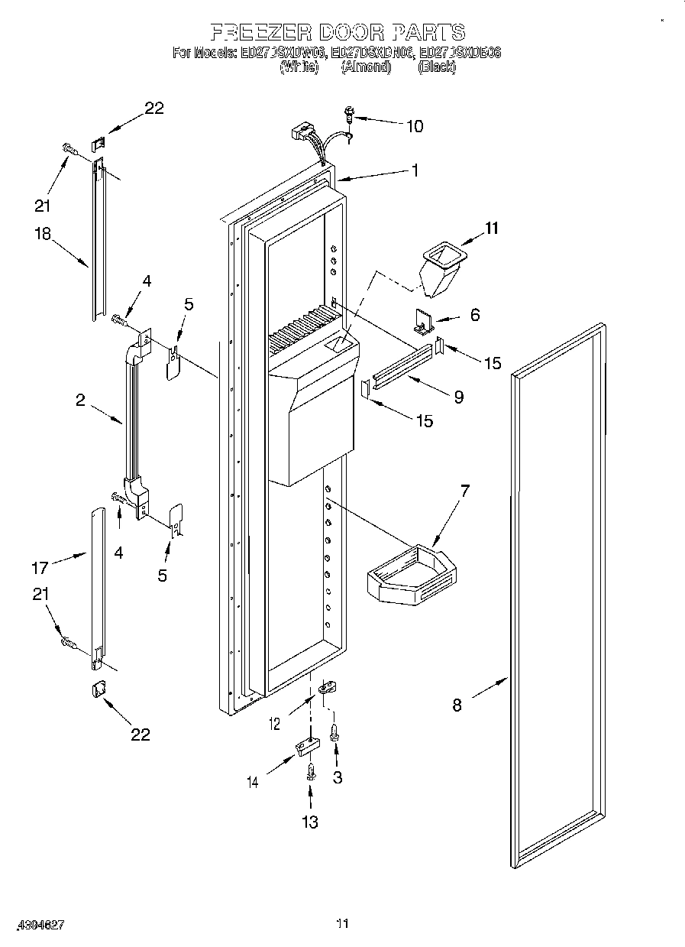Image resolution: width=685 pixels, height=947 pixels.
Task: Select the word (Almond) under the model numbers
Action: click(x=366, y=67)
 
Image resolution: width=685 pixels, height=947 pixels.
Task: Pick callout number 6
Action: click(x=475, y=314)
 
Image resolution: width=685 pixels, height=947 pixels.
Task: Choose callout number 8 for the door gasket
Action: click(x=457, y=705)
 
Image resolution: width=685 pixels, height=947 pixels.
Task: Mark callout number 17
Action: click(x=40, y=567)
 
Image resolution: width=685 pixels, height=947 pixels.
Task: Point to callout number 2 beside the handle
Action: click(x=80, y=400)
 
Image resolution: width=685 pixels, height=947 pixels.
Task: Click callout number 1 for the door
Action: click(x=415, y=171)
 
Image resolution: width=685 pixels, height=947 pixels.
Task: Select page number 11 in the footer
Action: click(x=342, y=924)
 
